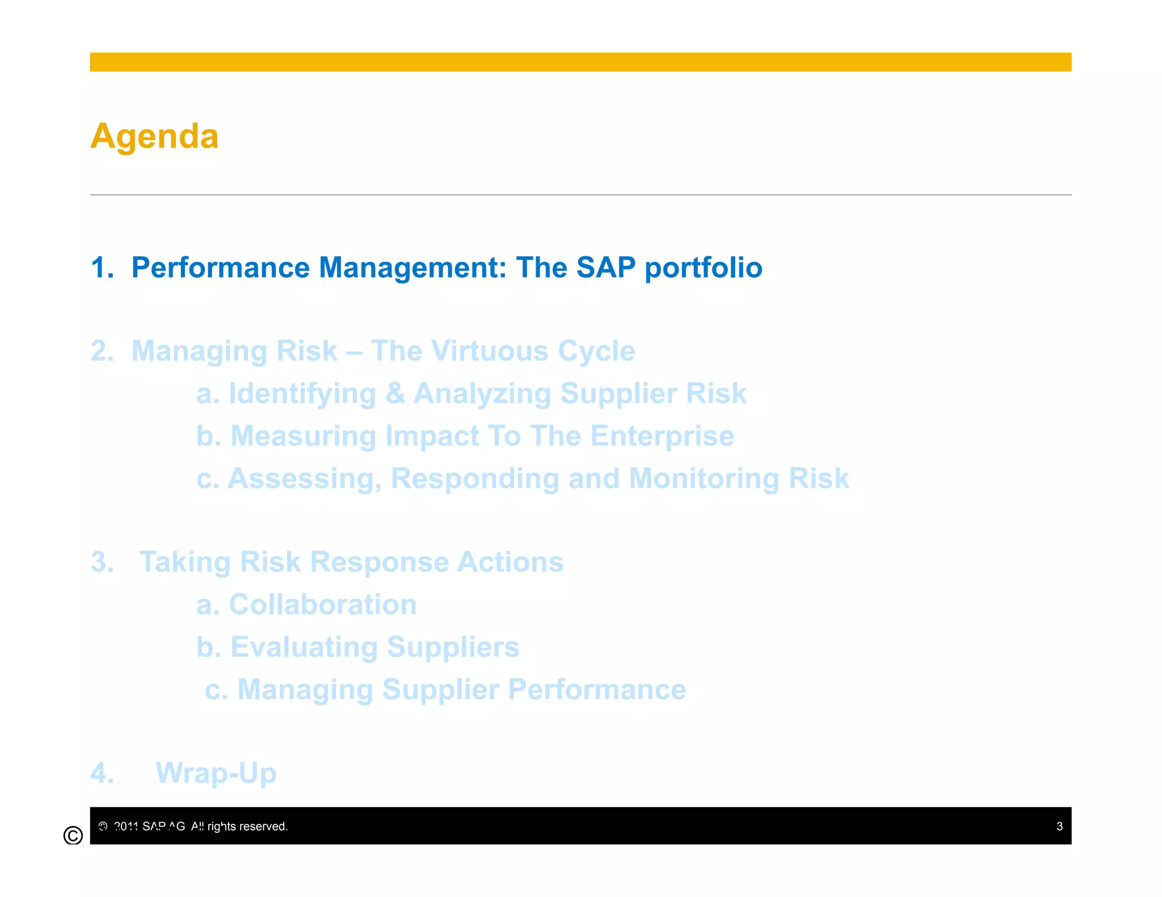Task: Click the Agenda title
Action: tap(154, 137)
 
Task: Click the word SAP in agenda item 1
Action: tap(605, 268)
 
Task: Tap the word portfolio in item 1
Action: tap(704, 268)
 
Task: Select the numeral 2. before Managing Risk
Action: tap(102, 351)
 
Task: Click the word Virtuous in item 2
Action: tap(488, 351)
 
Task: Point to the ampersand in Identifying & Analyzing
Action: tap(395, 394)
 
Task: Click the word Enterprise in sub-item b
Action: tap(662, 436)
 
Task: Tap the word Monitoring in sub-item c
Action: tap(704, 479)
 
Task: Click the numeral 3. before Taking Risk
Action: tap(102, 562)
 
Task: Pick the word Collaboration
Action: tap(322, 604)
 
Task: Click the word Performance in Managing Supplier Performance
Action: tap(597, 689)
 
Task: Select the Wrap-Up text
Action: tap(216, 773)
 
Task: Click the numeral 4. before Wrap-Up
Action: tap(102, 773)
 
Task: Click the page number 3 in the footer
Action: tap(1059, 826)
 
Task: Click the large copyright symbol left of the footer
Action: tap(73, 835)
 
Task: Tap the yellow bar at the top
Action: tap(580, 62)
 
